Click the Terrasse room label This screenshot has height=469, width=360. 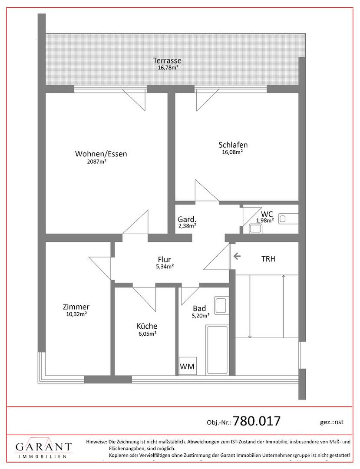pos(167,61)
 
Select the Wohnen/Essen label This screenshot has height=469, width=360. pos(101,154)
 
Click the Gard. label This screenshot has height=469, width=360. pos(187,219)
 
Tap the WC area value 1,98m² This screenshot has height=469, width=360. pos(264,220)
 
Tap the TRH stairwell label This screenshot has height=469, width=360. pos(268,259)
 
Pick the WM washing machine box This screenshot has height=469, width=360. pos(188,367)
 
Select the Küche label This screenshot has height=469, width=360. pos(147,326)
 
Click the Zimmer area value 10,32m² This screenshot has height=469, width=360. pos(76,314)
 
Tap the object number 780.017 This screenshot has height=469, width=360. pos(257,421)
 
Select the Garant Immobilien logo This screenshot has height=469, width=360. pos(44,449)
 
